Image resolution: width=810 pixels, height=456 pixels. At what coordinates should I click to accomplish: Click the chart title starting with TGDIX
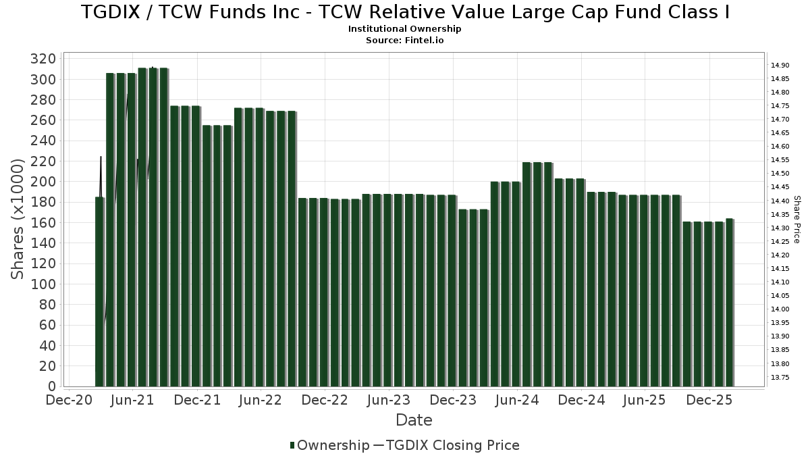[405, 12]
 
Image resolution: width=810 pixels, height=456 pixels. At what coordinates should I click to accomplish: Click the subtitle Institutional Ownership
[404, 29]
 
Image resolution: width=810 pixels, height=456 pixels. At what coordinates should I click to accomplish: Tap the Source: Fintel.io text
[404, 40]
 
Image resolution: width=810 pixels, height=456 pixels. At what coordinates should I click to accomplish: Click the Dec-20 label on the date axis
[69, 400]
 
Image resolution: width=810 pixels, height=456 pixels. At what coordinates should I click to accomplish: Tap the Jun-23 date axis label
[387, 400]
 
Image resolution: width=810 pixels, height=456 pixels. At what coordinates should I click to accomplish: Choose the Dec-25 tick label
[709, 400]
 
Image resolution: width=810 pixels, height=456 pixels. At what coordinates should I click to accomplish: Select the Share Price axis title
[796, 219]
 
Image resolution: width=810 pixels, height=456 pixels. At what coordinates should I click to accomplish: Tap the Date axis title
[414, 420]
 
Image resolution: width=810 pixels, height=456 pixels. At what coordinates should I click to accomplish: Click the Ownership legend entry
[330, 445]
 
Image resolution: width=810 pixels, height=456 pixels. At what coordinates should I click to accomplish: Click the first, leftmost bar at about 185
[100, 290]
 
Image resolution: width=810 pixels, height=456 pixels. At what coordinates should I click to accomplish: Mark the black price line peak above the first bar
[101, 157]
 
